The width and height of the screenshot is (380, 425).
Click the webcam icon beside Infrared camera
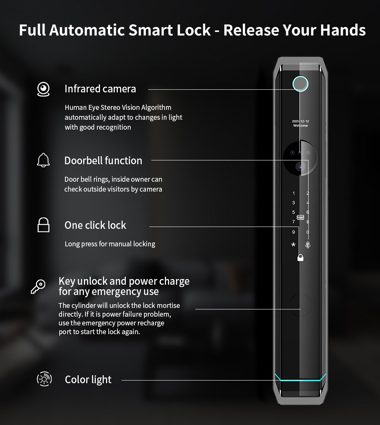click(43, 89)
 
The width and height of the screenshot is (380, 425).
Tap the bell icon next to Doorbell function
click(43, 160)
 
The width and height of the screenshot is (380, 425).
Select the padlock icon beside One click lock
click(43, 225)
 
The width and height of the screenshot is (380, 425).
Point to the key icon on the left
click(38, 287)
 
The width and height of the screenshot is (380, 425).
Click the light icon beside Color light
click(44, 379)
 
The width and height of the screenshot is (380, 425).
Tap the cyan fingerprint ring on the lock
click(300, 84)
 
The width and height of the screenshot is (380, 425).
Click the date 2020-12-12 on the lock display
click(300, 121)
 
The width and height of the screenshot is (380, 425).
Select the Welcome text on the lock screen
click(300, 125)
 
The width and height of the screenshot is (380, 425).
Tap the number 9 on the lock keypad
click(293, 232)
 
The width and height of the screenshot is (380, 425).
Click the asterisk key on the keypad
click(293, 245)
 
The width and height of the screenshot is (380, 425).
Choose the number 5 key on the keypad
click(293, 212)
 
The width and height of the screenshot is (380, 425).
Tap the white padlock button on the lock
click(300, 257)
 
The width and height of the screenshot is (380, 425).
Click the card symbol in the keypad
click(300, 217)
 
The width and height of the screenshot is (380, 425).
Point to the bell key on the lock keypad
click(308, 245)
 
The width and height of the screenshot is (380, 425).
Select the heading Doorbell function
click(103, 160)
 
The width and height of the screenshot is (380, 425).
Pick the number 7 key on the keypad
click(293, 222)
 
